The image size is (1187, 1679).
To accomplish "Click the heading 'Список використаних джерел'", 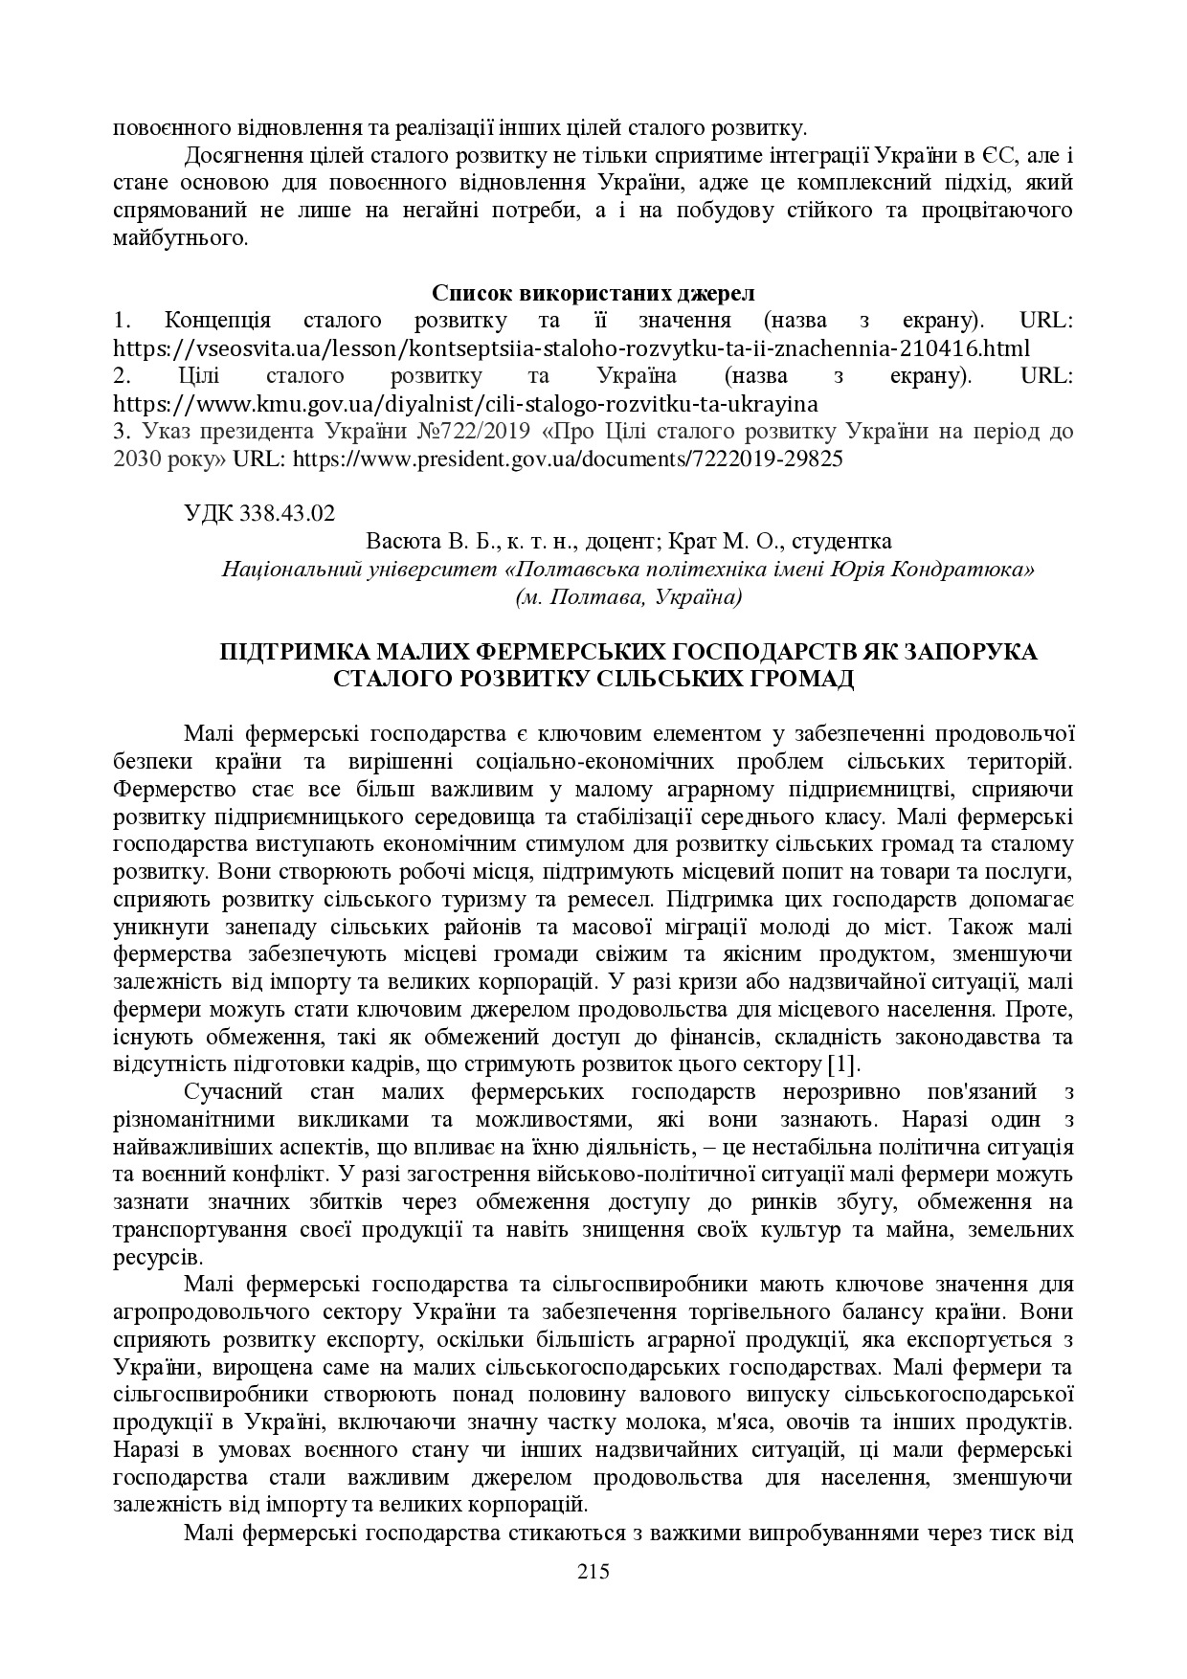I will click(593, 292).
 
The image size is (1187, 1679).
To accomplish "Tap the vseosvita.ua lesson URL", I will click(571, 347).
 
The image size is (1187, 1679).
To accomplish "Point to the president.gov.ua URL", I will click(567, 459).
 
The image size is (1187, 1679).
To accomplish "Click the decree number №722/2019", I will click(472, 431).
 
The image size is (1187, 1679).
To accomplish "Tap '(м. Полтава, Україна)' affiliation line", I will click(628, 597).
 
